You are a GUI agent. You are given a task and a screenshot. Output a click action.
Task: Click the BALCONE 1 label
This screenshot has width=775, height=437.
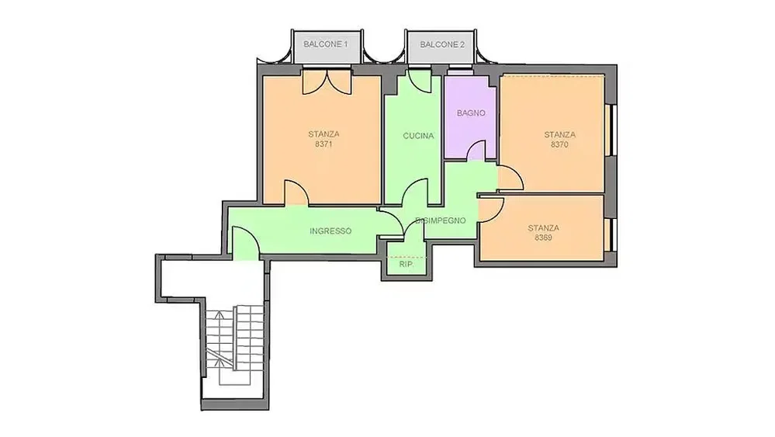pos(325,44)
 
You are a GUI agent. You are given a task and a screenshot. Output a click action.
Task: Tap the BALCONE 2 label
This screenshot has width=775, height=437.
pos(442,44)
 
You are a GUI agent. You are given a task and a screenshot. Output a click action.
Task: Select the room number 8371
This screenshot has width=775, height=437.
pos(323,144)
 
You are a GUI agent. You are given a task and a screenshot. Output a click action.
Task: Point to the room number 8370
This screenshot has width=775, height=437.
pos(559,145)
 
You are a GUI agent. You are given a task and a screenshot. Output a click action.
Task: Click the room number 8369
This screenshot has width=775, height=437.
pos(543,238)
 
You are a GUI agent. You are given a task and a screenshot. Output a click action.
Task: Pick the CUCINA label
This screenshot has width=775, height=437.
pos(418,136)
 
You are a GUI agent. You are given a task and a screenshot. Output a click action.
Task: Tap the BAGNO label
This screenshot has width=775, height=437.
pos(471,113)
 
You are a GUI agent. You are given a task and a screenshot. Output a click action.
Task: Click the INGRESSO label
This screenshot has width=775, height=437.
pos(330,231)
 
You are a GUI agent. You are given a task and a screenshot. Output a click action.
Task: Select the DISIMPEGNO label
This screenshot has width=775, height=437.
pos(441,220)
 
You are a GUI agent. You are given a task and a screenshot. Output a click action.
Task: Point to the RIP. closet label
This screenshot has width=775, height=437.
pos(407,265)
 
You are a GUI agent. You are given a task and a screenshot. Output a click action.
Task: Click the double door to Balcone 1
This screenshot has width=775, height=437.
pos(327,82)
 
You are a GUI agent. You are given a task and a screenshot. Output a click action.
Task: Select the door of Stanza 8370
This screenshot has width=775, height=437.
pos(510,178)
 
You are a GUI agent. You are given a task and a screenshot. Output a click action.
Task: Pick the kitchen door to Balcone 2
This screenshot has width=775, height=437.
pos(419,81)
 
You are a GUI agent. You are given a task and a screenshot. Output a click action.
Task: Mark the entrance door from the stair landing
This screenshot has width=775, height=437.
pos(246,242)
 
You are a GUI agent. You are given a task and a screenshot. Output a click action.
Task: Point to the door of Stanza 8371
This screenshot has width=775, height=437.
pos(296,192)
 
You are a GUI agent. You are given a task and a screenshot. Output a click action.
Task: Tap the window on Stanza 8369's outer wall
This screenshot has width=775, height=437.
pos(611,234)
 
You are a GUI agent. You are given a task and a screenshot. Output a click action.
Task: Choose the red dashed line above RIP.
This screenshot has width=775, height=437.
pos(407,257)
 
